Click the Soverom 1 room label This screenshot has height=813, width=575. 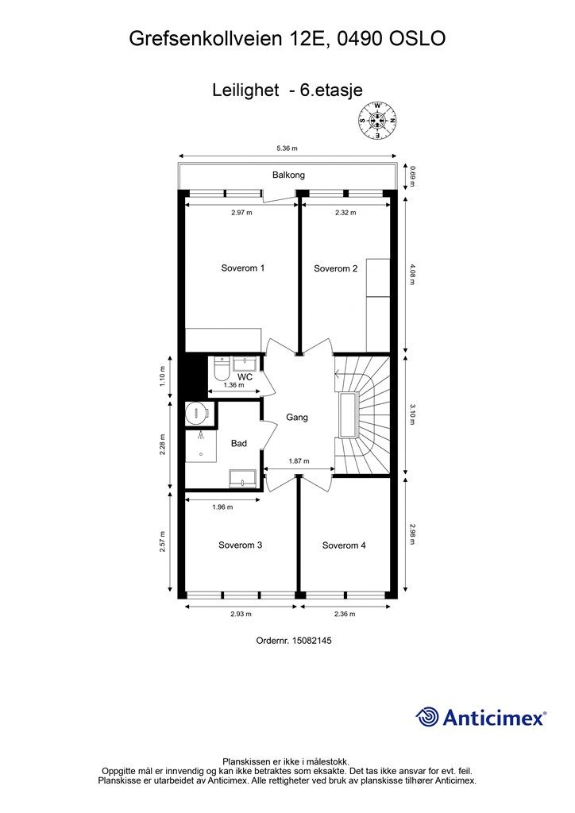coord(243,268)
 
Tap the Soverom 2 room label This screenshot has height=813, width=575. coord(335,268)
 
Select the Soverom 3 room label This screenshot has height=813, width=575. coord(240,545)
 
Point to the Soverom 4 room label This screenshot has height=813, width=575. coord(344,545)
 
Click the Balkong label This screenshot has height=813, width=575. coord(288,175)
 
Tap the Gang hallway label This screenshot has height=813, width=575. coord(297,418)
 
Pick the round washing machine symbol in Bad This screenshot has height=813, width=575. coord(197,412)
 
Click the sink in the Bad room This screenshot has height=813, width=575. coord(243,478)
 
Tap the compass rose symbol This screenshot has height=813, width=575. coord(377,121)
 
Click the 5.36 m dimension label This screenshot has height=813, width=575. coord(287,148)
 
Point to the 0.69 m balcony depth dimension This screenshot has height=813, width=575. coord(413,175)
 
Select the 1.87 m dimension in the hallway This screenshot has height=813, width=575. coord(299,461)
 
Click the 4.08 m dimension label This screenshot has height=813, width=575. coord(413,274)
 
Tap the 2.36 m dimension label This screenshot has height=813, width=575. coord(345,614)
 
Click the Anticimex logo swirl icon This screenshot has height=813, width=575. coord(427,717)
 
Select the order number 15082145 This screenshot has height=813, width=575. coord(312,641)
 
